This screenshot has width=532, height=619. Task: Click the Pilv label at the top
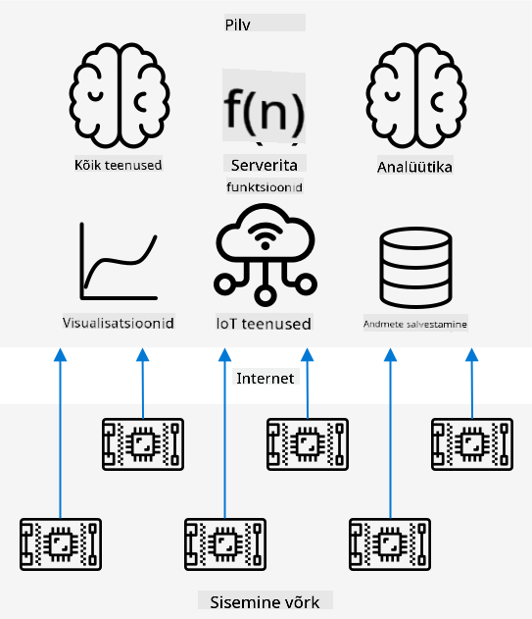(x=237, y=25)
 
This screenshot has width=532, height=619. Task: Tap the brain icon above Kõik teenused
(x=120, y=95)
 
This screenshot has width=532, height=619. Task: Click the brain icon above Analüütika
(x=416, y=95)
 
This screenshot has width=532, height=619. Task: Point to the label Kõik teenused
(x=118, y=165)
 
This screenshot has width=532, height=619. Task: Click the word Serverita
(x=264, y=165)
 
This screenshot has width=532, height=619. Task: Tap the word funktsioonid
(x=265, y=186)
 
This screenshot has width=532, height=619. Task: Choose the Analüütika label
(x=414, y=167)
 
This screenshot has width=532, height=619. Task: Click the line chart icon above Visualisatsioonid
(x=119, y=261)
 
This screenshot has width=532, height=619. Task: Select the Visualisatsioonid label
(x=118, y=323)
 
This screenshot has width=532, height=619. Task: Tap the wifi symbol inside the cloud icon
(x=265, y=236)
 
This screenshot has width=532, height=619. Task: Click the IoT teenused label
(x=264, y=324)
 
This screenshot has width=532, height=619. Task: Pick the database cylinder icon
(x=415, y=267)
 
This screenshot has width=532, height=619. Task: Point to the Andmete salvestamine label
(x=414, y=324)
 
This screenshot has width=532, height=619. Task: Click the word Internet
(x=265, y=379)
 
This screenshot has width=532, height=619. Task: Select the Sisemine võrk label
(x=265, y=602)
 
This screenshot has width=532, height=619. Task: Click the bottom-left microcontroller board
(x=61, y=544)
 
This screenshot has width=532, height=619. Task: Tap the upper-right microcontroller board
(x=472, y=444)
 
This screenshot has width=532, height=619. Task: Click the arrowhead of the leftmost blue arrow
(x=61, y=354)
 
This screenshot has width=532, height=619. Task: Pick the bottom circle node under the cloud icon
(x=265, y=295)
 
